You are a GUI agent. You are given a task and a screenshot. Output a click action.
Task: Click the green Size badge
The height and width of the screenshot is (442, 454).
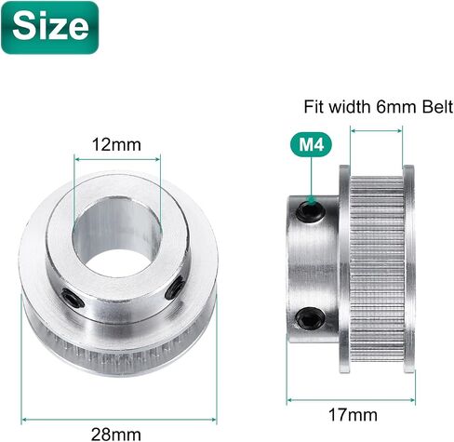(50, 27)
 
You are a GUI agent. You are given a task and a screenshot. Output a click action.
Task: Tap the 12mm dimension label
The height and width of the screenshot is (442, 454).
(116, 144)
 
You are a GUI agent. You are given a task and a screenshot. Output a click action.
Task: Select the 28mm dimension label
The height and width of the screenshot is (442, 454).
(116, 434)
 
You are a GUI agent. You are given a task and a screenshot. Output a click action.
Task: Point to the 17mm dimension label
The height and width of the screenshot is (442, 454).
(353, 415)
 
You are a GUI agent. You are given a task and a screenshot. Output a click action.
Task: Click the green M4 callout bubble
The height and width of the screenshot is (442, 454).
(311, 144)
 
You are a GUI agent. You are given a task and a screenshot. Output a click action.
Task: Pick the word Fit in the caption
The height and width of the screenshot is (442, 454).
(314, 107)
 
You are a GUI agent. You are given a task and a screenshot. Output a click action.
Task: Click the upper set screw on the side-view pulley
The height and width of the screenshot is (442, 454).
(311, 211)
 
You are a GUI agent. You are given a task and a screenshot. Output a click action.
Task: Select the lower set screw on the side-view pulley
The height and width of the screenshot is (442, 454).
(311, 318)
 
